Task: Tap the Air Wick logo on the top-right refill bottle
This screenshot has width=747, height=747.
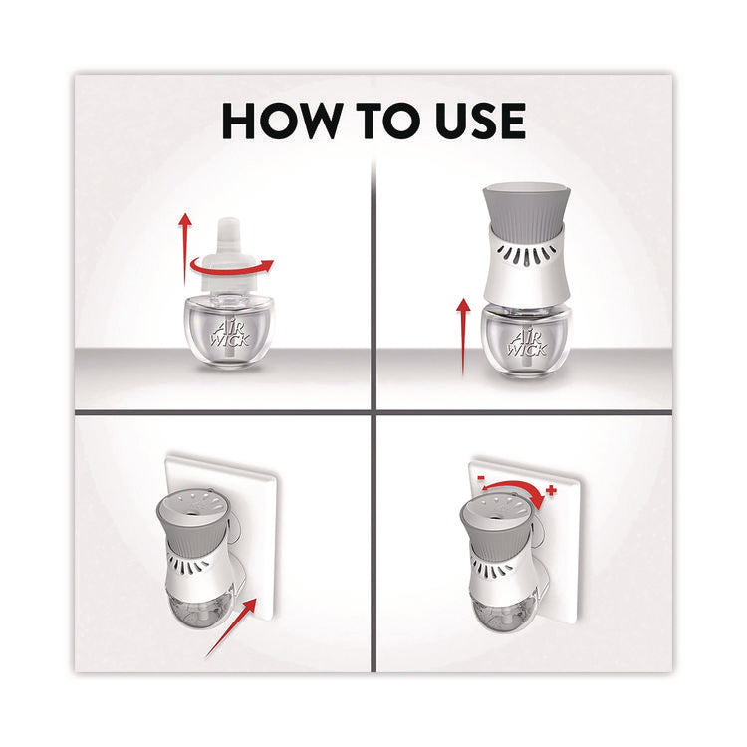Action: [527, 341]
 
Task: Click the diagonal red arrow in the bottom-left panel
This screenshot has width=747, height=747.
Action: [231, 627]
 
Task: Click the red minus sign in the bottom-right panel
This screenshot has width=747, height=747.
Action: [482, 477]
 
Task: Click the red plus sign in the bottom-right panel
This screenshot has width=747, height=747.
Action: [551, 490]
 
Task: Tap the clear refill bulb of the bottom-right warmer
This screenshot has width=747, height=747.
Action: [501, 612]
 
